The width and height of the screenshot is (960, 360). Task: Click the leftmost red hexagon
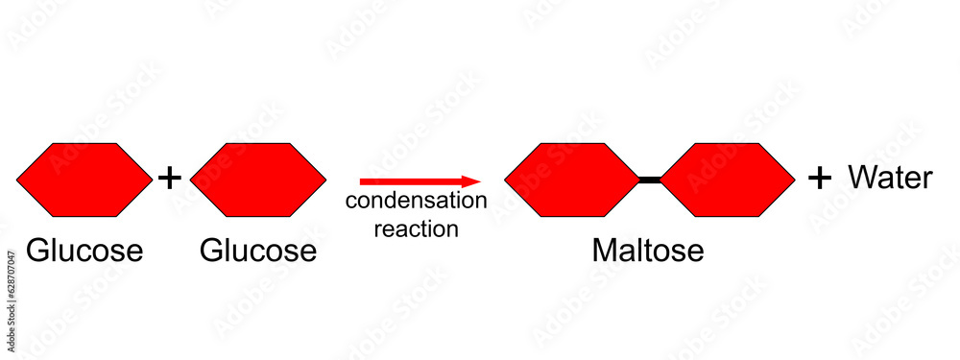(x=84, y=179)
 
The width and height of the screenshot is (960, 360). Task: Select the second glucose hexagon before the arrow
(x=257, y=179)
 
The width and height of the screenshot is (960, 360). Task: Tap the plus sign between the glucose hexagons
(x=169, y=178)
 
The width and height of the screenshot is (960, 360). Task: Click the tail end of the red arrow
(x=363, y=180)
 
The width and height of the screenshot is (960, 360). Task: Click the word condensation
(x=417, y=201)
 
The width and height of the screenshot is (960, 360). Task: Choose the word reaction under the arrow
(x=417, y=228)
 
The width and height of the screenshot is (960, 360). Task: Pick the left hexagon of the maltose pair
(x=572, y=179)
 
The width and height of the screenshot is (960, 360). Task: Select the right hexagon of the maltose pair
(x=728, y=179)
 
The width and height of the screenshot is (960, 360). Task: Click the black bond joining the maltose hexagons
(x=650, y=179)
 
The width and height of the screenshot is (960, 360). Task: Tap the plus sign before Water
(x=819, y=178)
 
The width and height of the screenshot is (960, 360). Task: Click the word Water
(x=890, y=178)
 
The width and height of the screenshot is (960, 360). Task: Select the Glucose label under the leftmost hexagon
(x=84, y=251)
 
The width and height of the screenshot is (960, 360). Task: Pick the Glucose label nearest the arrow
(x=257, y=251)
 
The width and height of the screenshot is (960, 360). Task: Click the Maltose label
(x=648, y=251)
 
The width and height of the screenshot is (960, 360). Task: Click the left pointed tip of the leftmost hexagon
(x=18, y=179)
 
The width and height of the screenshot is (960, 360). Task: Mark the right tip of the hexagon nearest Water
(x=794, y=179)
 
